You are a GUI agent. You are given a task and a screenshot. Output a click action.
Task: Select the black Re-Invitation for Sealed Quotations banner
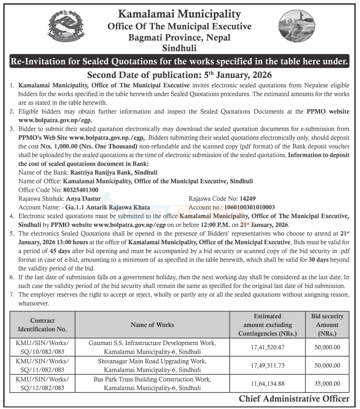(x=179, y=62)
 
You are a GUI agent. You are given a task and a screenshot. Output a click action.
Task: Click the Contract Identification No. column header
(x=42, y=325)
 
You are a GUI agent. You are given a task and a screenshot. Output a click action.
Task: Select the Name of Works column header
(x=156, y=325)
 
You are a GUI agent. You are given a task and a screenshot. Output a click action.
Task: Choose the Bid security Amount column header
(x=327, y=325)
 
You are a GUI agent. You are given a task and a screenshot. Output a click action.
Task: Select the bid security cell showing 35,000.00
(x=327, y=384)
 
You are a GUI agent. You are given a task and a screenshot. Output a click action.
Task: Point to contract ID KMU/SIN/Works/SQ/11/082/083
(x=42, y=366)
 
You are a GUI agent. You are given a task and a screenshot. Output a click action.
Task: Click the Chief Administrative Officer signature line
(x=294, y=399)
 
